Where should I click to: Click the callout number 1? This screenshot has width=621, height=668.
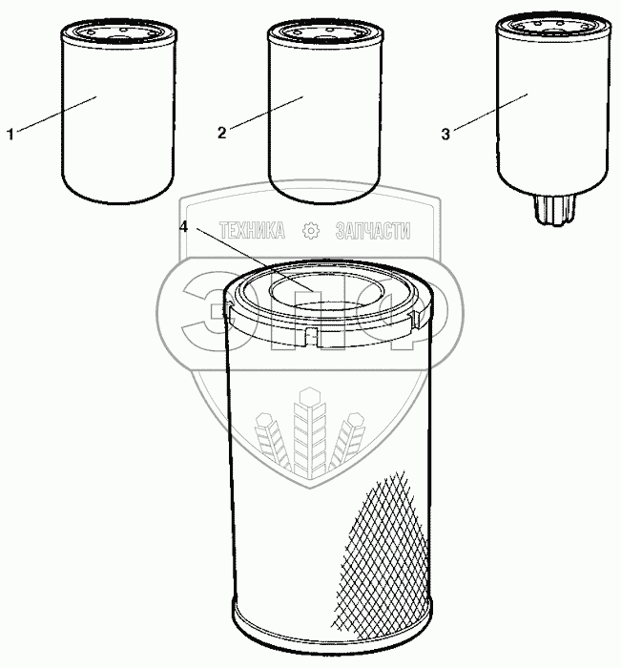point(10,135)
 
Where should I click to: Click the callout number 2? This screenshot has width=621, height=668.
point(221,133)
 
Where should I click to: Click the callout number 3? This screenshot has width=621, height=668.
point(445,135)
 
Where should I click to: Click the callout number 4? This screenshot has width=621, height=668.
point(183,227)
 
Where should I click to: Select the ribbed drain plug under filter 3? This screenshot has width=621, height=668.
point(553,210)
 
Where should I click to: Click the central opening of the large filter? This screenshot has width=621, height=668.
point(326,290)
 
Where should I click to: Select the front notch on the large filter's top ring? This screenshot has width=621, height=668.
point(312,337)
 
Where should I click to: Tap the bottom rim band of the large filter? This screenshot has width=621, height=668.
point(333,634)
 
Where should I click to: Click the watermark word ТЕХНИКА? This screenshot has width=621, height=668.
point(252,231)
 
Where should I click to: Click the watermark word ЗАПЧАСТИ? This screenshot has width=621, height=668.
point(373,231)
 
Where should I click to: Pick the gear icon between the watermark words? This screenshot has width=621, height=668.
point(311,231)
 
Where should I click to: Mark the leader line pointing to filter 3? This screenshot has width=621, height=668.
point(490,112)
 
